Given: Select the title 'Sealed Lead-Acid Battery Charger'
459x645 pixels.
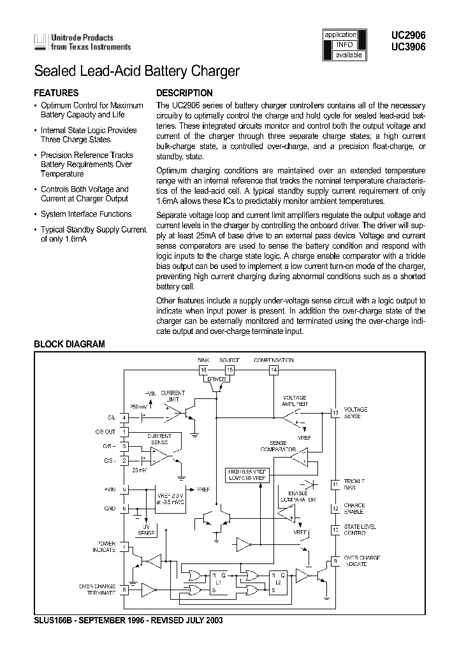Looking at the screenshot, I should [136, 71].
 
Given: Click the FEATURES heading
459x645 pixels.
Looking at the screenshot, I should [56, 93].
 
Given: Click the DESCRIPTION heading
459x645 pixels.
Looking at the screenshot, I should [184, 93].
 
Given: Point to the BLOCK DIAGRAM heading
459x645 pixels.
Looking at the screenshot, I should [69, 344].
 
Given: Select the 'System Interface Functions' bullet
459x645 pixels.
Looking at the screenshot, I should [85, 214].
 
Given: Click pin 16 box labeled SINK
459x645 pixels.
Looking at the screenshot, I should [204, 369].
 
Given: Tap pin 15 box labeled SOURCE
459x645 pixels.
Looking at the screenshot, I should [229, 369].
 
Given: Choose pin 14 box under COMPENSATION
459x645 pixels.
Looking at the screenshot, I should [273, 369].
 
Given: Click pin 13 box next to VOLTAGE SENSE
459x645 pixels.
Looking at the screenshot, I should [335, 412].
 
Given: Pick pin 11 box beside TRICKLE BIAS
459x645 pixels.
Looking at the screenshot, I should [335, 485].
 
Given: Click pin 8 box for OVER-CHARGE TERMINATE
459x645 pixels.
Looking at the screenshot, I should [124, 590].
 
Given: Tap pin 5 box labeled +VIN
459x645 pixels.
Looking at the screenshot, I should [124, 489].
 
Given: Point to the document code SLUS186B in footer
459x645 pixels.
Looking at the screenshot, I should [53, 620].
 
